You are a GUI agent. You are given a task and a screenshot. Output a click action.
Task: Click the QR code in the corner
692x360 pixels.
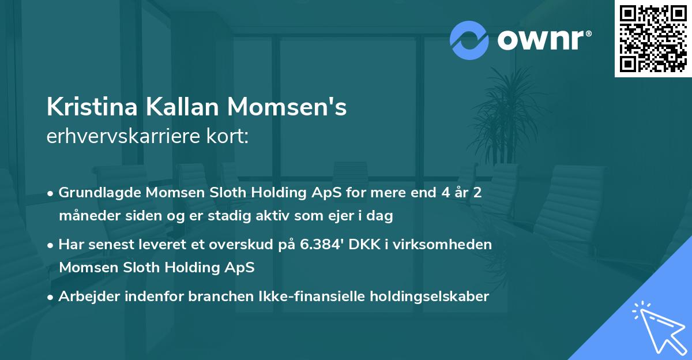(653, 38)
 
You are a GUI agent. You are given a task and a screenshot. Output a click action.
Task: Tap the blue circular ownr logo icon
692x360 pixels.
(469, 40)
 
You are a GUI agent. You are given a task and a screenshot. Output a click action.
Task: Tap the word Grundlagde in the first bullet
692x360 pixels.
(96, 193)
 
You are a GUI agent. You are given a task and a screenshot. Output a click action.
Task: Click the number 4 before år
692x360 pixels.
(443, 193)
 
